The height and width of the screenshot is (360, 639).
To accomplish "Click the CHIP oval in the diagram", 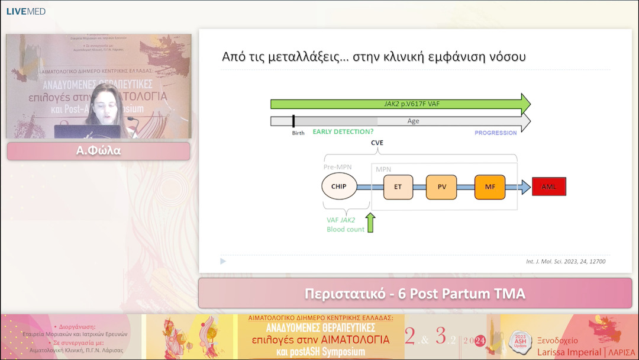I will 339,187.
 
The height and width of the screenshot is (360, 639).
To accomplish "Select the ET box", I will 398,187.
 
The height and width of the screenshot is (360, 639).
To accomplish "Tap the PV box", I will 441,187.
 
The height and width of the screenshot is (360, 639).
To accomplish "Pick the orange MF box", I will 489,187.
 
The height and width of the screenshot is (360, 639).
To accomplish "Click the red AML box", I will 548,187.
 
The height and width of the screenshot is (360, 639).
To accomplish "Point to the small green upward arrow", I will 370,223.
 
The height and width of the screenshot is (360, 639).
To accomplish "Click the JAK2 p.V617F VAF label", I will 400,104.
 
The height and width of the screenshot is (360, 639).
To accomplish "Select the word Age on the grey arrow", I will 413,121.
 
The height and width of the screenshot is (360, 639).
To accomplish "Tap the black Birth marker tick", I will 293,121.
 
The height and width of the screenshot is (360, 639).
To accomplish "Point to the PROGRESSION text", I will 495,133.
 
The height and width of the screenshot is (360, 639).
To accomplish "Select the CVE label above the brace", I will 377,143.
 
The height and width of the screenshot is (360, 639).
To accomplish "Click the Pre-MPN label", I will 337,167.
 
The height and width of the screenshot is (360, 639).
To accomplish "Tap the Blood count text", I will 346,229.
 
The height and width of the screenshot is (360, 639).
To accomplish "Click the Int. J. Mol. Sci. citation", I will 565,261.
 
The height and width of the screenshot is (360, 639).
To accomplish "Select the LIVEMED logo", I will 25,11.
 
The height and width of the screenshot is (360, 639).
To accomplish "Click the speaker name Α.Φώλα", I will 98,150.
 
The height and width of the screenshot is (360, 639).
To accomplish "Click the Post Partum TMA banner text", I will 415,294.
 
